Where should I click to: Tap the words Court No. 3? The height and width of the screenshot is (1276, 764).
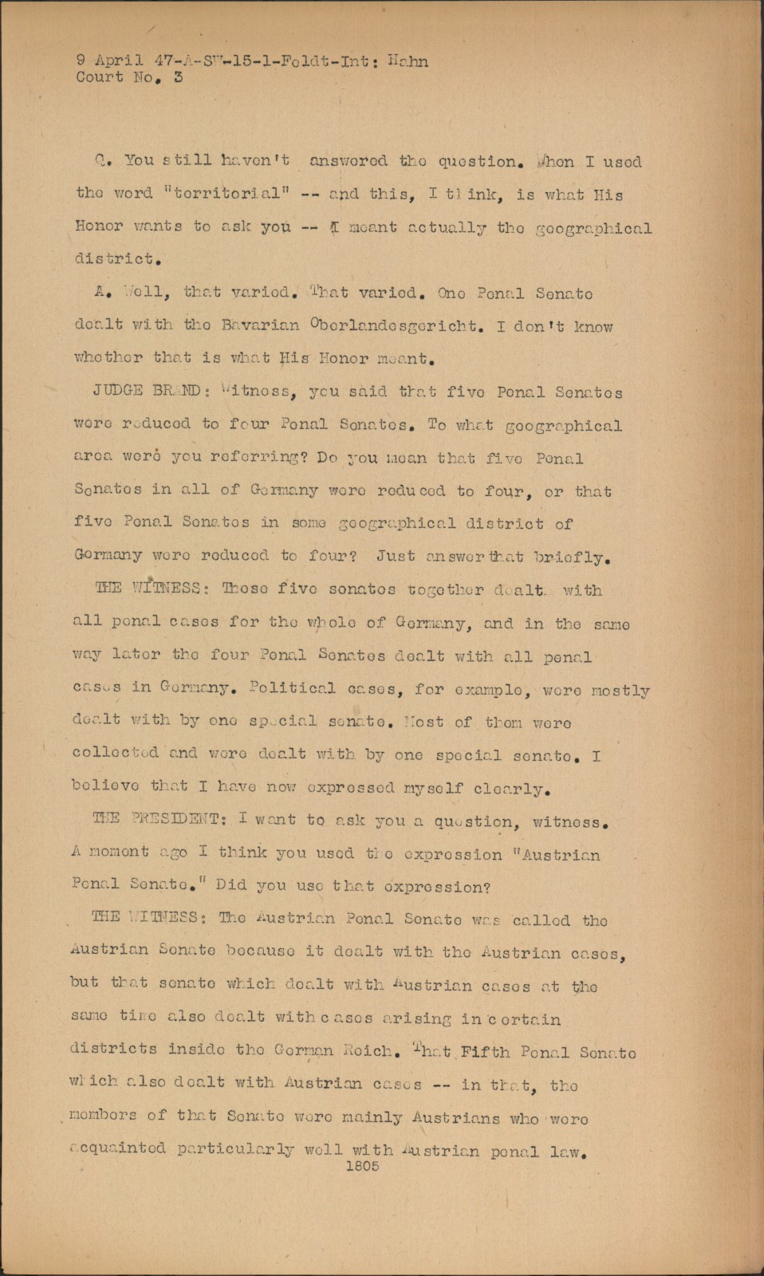[x=129, y=78]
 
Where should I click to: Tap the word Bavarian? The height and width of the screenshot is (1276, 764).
[x=259, y=325]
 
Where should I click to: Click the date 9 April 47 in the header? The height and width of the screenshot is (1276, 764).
[x=122, y=61]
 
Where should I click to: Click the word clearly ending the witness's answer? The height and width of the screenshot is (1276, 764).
[x=510, y=789]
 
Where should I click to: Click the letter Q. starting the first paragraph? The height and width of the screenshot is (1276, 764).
[x=100, y=161]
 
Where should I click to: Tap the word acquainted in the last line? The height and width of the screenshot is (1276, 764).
[x=120, y=1149]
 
